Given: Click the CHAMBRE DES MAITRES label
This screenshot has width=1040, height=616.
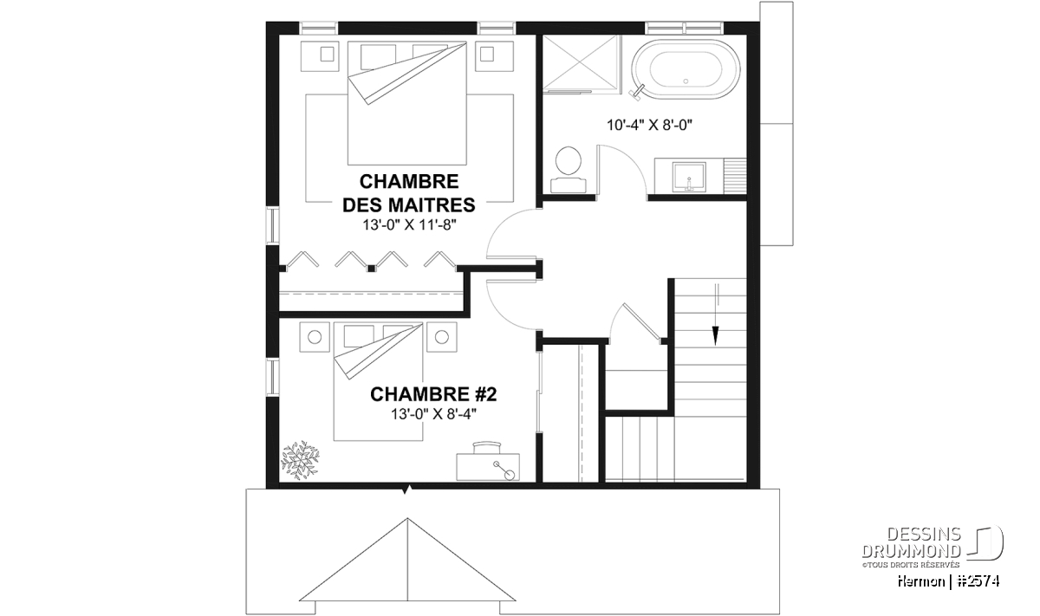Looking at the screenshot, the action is tap(408, 193).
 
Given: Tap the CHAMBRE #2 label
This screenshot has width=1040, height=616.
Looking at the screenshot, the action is tap(433, 394).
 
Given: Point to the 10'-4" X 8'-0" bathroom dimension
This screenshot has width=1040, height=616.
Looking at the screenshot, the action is tap(649, 125).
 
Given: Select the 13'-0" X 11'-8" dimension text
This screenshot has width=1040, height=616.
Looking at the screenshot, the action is tap(409, 225).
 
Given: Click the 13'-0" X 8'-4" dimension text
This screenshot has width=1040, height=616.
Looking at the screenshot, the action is tap(433, 414).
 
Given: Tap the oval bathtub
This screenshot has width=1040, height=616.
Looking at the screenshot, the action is tap(686, 69).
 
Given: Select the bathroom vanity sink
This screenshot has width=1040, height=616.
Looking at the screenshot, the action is tap(689, 177).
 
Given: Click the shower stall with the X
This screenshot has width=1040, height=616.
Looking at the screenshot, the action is tap(582, 63).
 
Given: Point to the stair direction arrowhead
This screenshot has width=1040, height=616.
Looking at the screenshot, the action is tap(716, 335).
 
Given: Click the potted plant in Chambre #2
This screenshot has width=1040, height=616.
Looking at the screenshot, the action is tap(301, 459).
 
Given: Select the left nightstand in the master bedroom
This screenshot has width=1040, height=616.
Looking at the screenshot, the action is tap(320, 56).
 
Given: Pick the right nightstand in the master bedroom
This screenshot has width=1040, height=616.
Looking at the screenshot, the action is tap(494, 56).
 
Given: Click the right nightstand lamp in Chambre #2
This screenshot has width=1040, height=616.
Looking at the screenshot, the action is tap(441, 337).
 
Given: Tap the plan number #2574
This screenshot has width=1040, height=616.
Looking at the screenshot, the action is tap(978, 581).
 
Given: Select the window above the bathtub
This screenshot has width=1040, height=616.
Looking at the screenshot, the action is tap(685, 28).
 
